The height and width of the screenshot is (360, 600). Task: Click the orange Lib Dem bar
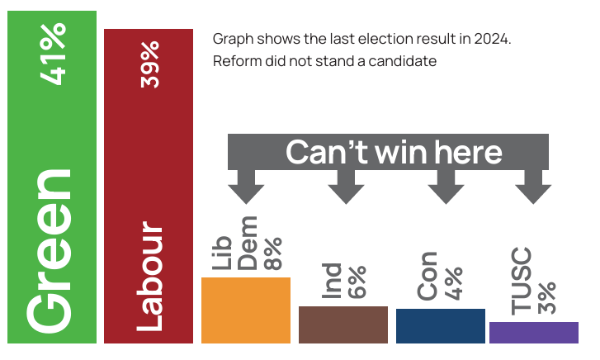click(x=246, y=310)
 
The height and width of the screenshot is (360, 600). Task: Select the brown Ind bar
click(x=343, y=324)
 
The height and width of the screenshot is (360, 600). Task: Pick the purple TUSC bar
click(x=533, y=332)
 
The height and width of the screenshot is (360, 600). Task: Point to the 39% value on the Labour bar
click(x=149, y=64)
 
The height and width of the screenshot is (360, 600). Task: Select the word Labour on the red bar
click(x=149, y=276)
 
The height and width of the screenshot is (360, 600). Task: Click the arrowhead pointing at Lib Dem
click(x=245, y=192)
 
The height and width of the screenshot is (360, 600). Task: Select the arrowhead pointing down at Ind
click(x=346, y=192)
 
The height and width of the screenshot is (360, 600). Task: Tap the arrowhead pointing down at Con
click(x=446, y=192)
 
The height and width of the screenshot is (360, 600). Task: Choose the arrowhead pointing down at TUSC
click(x=533, y=192)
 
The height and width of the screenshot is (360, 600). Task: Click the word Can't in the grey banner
click(x=324, y=153)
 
